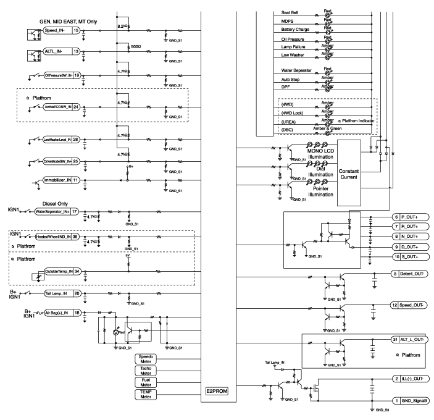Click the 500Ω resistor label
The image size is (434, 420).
tap(136, 47)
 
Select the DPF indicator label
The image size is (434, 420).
tap(285, 88)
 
